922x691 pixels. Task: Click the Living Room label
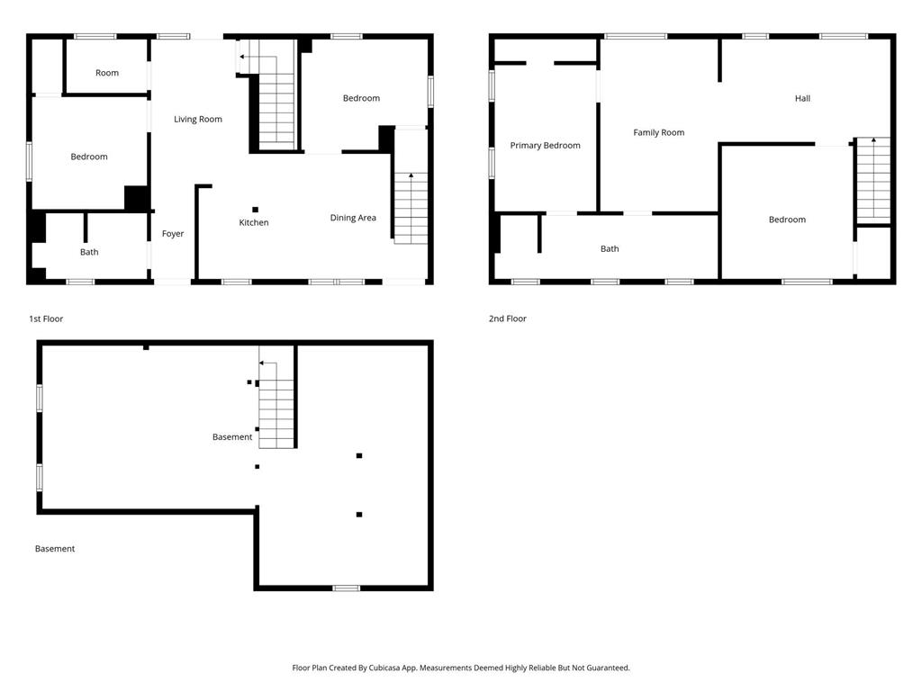[197, 120]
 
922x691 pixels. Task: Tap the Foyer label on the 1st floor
[173, 234]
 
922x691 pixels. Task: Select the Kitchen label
[253, 223]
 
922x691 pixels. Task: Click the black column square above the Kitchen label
[255, 209]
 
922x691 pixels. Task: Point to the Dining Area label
[353, 218]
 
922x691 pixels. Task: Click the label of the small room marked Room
[107, 73]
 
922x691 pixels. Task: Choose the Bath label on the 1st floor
[89, 252]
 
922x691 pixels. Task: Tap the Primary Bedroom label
[545, 146]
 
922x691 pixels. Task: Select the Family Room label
[658, 133]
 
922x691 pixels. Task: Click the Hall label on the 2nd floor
[802, 99]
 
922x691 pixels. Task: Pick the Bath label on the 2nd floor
[610, 249]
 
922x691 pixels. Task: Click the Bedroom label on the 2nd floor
[787, 220]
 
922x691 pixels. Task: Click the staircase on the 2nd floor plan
[873, 180]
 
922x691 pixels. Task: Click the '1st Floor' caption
[46, 319]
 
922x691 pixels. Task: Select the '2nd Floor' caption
[508, 319]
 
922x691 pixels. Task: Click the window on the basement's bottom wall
[347, 588]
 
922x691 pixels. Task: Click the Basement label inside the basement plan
[232, 437]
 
